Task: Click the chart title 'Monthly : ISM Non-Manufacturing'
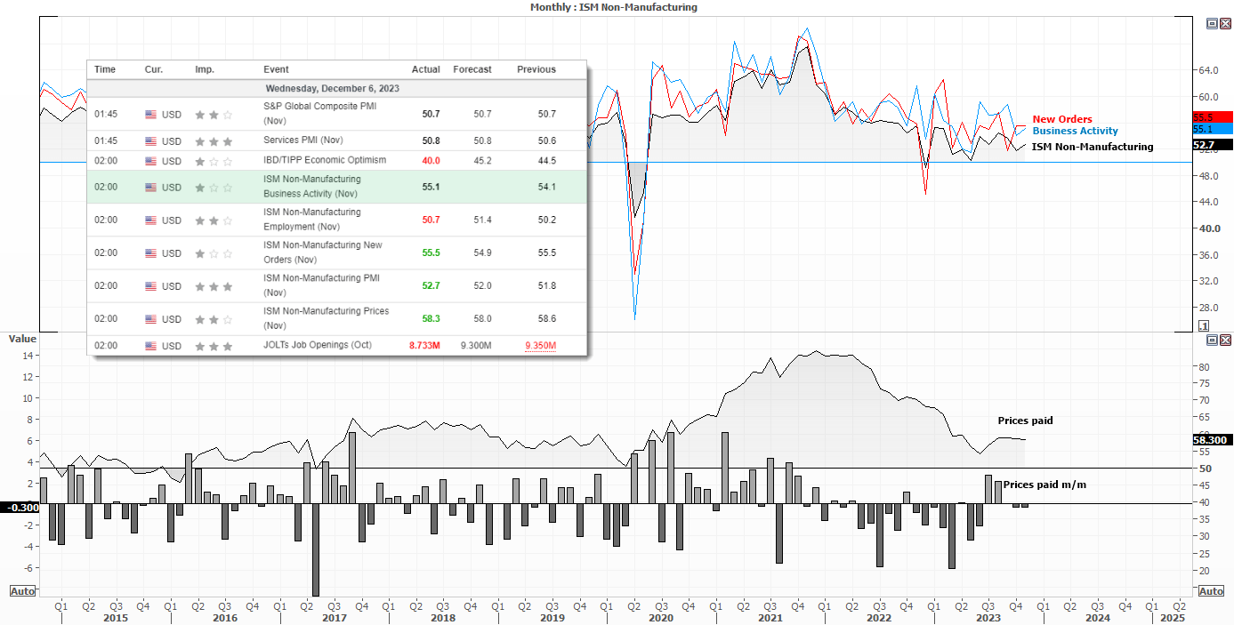613,7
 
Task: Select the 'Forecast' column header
472,69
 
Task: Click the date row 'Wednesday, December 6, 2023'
332,88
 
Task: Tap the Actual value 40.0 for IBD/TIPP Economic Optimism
431,161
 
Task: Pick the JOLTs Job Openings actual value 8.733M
424,346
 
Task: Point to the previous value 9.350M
540,346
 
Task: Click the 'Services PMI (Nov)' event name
303,140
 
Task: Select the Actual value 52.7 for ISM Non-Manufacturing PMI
431,285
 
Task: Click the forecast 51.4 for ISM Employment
482,220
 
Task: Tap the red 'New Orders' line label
1061,119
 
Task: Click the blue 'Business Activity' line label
1075,131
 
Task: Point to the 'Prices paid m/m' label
1044,485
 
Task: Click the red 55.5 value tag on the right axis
1212,117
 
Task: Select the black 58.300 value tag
1212,440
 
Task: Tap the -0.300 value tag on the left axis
20,508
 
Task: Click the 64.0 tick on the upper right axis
1208,70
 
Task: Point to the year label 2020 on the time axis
660,618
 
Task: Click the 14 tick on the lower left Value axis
28,356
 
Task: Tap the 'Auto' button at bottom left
22,591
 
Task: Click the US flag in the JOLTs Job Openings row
150,346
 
